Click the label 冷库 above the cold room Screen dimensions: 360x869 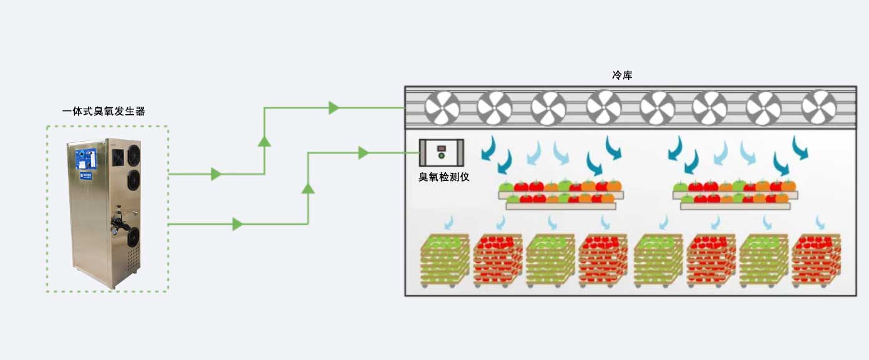[x=622, y=75]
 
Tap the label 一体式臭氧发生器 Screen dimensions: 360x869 [x=104, y=111]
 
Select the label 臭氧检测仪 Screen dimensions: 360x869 [x=443, y=177]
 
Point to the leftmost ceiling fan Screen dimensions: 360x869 [x=442, y=107]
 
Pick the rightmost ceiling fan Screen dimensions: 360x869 [x=818, y=107]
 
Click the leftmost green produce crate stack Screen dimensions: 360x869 [x=444, y=260]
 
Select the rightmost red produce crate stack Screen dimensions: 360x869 [x=816, y=260]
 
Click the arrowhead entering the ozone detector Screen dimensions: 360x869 [x=364, y=153]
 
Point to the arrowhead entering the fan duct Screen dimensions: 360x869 [x=334, y=107]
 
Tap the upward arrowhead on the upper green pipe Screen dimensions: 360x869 [x=265, y=141]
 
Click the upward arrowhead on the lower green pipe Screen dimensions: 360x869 [x=308, y=188]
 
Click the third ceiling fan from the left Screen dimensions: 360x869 [x=548, y=107]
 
